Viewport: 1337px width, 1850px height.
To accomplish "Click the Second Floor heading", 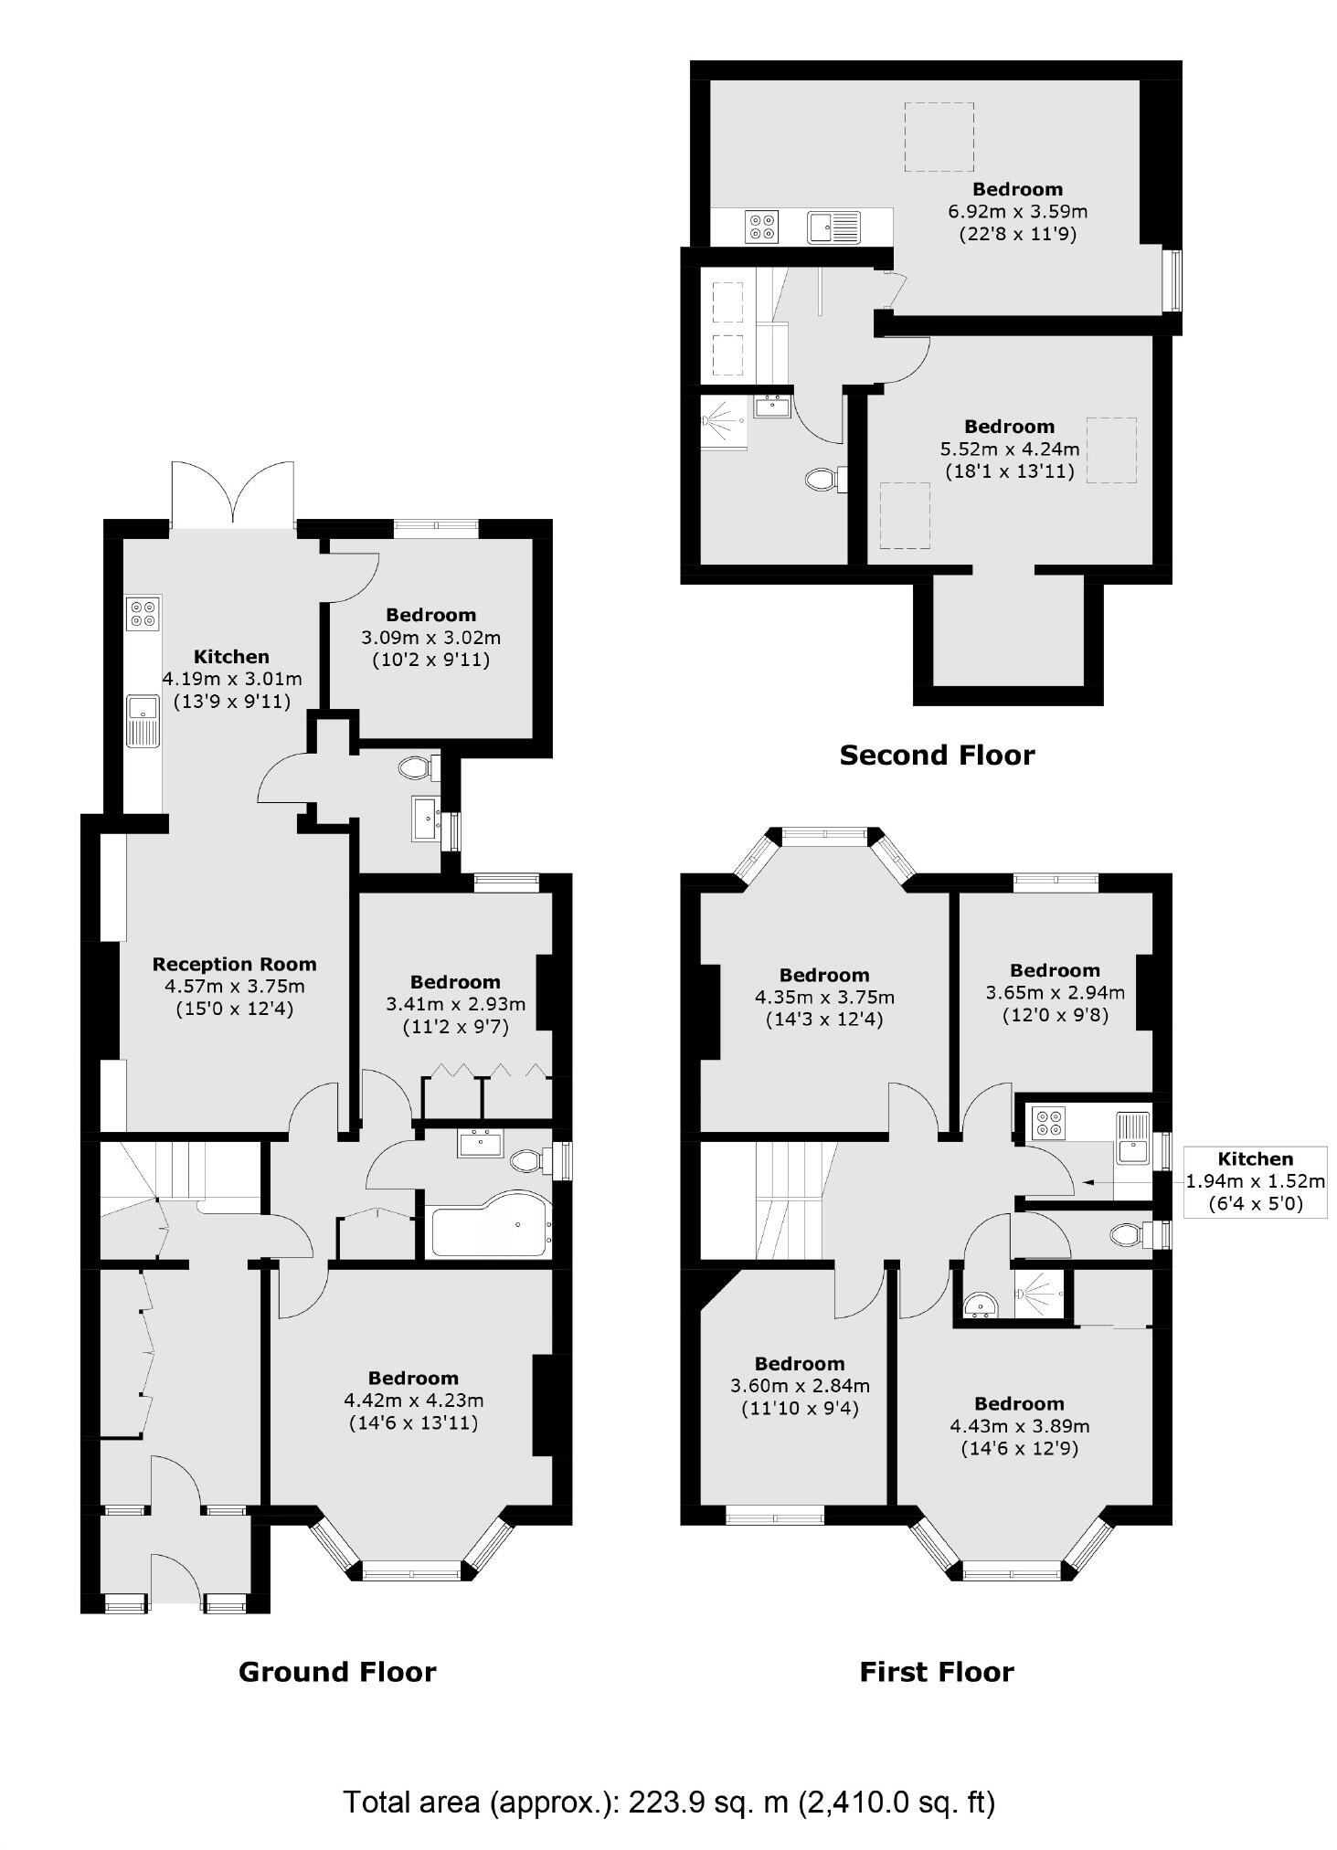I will tap(937, 756).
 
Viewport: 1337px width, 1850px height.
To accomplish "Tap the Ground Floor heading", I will tap(337, 1672).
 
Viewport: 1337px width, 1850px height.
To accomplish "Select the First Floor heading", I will tap(937, 1672).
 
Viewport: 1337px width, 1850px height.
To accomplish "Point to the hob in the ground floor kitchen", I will tap(143, 613).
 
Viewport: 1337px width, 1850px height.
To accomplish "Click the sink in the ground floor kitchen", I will tap(143, 719).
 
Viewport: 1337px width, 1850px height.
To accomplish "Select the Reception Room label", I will tap(234, 964).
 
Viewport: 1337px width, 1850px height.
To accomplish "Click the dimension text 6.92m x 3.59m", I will tap(1017, 211).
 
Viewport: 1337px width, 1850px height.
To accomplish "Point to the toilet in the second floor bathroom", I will tap(824, 479).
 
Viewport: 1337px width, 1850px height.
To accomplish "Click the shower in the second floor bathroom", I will tap(722, 421).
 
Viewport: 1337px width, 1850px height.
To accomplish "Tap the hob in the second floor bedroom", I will tap(761, 226).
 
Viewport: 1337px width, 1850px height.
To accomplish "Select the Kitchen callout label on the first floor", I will tap(1255, 1159).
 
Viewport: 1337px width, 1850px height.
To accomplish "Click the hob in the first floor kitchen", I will tap(1046, 1123).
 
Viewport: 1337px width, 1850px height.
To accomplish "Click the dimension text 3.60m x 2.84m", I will tap(800, 1386).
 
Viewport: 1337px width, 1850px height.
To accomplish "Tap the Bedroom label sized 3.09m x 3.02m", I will tap(430, 615).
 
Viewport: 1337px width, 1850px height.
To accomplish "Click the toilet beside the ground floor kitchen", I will tap(418, 767).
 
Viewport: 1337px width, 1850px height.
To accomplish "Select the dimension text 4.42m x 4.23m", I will tap(413, 1400).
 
